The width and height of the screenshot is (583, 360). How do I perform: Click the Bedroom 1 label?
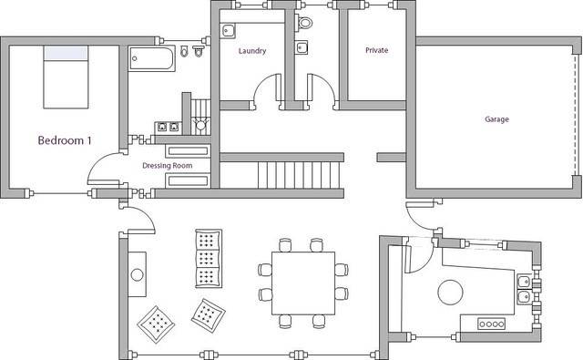click(x=65, y=140)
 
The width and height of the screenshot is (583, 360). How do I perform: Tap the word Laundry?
click(x=252, y=51)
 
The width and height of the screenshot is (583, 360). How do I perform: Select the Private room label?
click(x=376, y=50)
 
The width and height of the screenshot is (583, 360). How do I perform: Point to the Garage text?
click(x=496, y=119)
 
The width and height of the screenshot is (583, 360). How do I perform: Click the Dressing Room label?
click(x=168, y=166)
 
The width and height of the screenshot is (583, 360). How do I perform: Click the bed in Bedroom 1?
click(x=66, y=77)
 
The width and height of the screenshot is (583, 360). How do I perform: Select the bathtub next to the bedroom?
click(x=152, y=58)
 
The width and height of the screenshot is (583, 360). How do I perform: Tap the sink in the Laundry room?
click(x=228, y=30)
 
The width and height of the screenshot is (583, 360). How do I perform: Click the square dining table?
click(x=303, y=283)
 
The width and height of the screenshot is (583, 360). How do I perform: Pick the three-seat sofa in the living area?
click(x=209, y=259)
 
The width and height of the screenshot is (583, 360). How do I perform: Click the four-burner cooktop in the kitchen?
click(x=491, y=324)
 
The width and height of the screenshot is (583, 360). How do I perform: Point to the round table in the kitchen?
click(x=450, y=293)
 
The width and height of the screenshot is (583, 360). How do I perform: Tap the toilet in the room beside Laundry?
click(x=304, y=23)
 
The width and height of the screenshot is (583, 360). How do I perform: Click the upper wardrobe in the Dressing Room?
click(x=189, y=151)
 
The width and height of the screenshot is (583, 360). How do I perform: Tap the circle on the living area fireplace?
click(x=137, y=274)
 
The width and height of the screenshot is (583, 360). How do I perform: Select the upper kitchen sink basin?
click(x=525, y=281)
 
